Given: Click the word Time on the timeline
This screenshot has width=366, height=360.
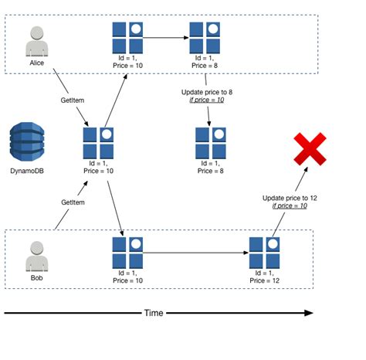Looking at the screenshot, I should [x=154, y=313].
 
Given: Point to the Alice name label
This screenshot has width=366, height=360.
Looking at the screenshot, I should [x=37, y=63].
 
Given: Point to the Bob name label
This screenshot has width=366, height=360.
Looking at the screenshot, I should [x=37, y=277].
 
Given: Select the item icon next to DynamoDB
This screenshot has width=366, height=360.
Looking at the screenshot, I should [x=99, y=142].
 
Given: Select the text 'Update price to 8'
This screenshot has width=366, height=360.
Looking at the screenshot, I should [x=205, y=91].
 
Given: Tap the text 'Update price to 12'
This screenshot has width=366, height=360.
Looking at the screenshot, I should [x=290, y=198].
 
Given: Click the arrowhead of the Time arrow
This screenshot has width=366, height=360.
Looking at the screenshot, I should [x=308, y=313].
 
